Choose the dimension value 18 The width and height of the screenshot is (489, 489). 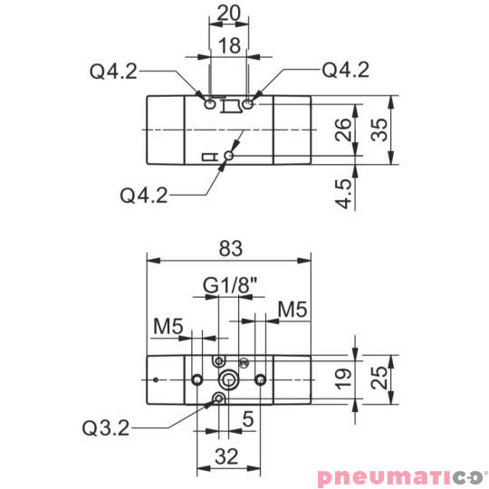[x=231, y=46]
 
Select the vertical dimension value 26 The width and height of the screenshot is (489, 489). [x=343, y=130]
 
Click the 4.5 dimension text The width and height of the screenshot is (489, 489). [x=343, y=194]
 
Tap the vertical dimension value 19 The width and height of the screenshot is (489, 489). [x=343, y=376]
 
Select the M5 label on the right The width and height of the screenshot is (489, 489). [x=292, y=309]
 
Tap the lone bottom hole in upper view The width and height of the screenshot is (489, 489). [x=228, y=157]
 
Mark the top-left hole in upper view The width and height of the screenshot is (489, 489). [x=210, y=103]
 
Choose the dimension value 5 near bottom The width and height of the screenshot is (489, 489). [x=245, y=420]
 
